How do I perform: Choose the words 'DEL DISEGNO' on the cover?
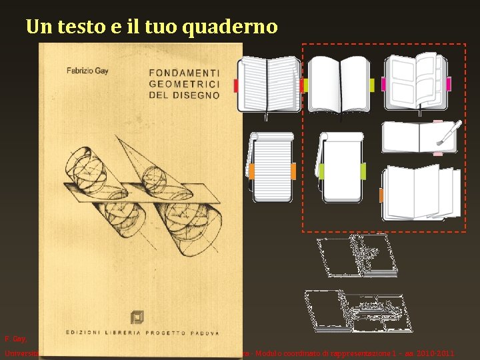(184, 95)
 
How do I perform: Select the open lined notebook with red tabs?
(269, 85)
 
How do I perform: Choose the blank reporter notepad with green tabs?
(341, 167)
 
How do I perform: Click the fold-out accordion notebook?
(420, 193)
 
